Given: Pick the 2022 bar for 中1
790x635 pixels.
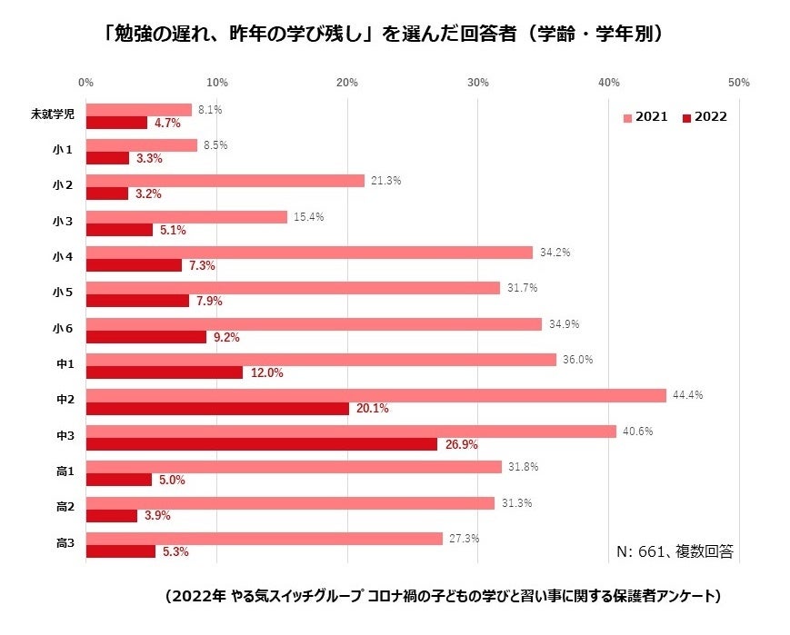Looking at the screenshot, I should (164, 372).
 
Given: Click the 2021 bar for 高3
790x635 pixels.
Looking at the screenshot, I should (264, 539).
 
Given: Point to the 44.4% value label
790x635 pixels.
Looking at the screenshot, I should (687, 395).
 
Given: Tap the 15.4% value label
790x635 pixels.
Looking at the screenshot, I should (308, 217).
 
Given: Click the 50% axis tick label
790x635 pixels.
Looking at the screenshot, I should (739, 83).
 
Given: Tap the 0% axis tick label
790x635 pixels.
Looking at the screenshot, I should (86, 83).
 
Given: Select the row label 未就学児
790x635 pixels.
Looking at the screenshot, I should (54, 115).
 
